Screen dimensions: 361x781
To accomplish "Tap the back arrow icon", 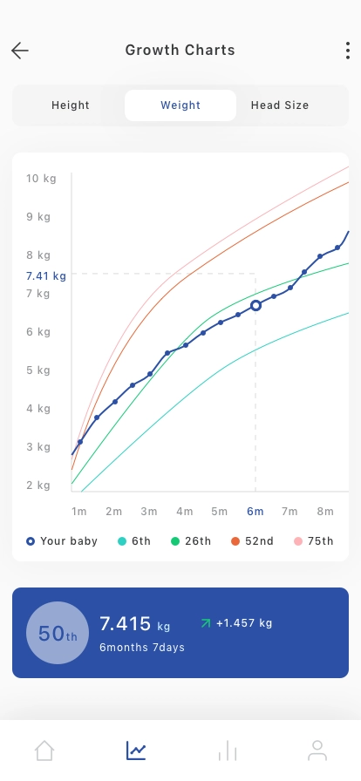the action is coord(20,51).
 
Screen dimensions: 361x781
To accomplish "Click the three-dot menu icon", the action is coord(348,51).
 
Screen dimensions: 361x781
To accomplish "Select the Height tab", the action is coord(71,105).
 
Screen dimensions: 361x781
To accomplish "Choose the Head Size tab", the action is coord(280,105).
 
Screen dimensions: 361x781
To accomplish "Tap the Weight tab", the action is coord(180,105).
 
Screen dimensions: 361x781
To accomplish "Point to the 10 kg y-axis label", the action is coord(41,179).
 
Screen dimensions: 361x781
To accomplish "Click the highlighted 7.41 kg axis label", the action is coord(46,276).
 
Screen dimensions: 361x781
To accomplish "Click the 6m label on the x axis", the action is coord(255,512).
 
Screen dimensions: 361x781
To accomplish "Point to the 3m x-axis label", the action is coord(148,512).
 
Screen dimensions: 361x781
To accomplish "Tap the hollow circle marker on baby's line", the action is coord(255,305).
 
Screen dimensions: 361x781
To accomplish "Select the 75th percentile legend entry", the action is coord(314,541).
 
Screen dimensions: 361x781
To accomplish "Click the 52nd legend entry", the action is coord(252,541).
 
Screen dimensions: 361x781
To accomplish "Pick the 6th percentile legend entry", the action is coord(134,541).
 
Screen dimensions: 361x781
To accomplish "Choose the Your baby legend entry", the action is coord(62,541).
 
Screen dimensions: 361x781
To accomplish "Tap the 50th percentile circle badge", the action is coord(58,633).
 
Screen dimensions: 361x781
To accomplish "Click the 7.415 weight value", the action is coord(126,623).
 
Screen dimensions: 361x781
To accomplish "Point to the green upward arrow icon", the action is coord(206,623).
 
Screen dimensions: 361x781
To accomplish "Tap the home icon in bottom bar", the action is coord(44,750).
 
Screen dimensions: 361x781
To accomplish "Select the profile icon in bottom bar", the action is coord(317,750).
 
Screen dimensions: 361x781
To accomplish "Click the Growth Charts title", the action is coord(180,51).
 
